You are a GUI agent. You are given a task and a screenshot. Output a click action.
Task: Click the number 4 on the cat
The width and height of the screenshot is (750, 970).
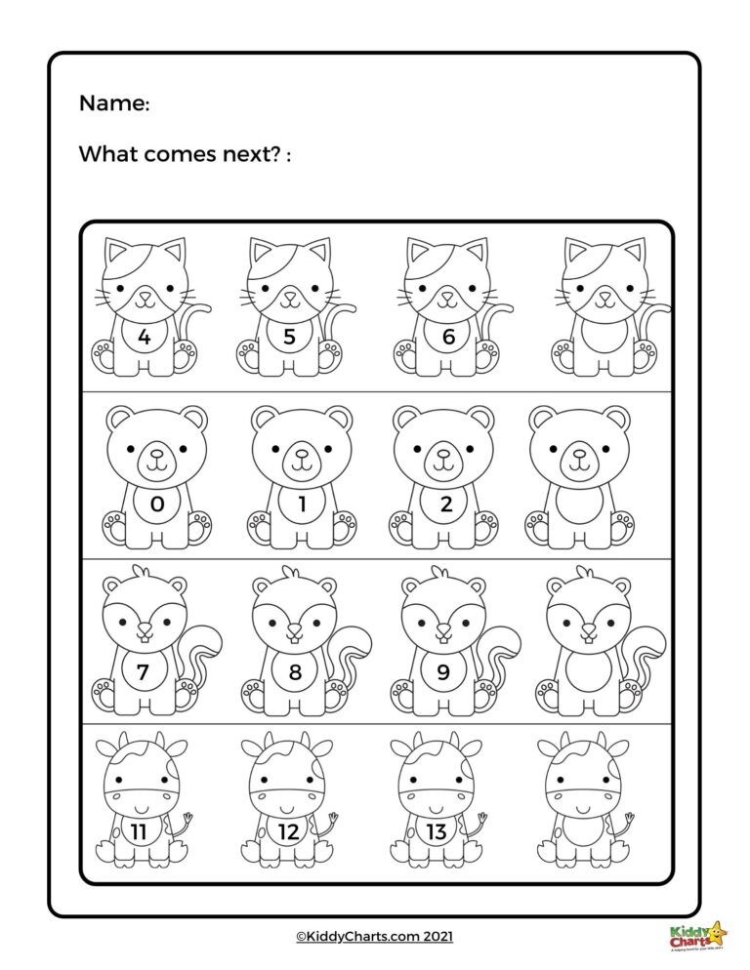tap(145, 339)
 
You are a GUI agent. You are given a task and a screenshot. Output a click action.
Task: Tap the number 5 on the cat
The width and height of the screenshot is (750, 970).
tap(288, 339)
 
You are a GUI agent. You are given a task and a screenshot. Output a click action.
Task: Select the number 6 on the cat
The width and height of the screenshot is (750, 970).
tap(449, 339)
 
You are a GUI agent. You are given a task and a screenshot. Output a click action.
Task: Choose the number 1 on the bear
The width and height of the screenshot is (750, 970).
tap(301, 505)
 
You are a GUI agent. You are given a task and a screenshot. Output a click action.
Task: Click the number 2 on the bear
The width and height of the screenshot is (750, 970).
tap(445, 505)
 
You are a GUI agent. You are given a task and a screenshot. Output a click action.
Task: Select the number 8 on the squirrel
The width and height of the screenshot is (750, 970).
tap(294, 671)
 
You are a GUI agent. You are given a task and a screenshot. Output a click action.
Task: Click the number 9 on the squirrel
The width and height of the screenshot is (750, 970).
tap(441, 671)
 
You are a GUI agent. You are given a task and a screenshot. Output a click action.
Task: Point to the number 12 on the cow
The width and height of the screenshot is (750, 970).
tap(288, 831)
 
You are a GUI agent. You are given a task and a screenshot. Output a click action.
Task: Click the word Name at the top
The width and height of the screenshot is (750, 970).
tap(112, 103)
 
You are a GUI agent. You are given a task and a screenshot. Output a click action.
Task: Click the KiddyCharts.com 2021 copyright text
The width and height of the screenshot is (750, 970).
tap(375, 936)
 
